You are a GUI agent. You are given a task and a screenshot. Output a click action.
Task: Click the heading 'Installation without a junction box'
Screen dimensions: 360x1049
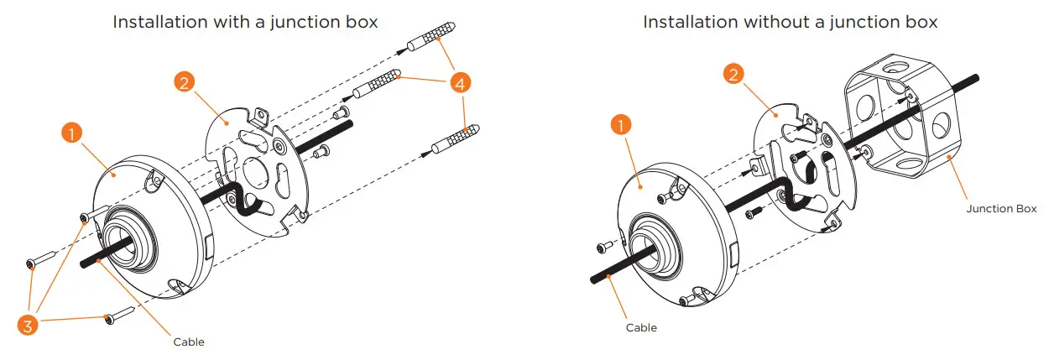(x=790, y=23)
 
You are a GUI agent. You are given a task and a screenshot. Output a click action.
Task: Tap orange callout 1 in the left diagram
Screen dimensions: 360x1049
(x=73, y=133)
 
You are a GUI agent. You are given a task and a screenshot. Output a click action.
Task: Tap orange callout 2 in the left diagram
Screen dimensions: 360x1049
(x=185, y=82)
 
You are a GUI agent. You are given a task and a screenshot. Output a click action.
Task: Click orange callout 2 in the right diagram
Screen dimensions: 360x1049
(x=734, y=75)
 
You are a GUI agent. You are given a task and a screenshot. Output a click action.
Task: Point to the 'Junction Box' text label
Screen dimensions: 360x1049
(x=1001, y=208)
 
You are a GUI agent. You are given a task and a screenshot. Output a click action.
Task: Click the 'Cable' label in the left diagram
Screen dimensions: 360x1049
(x=189, y=342)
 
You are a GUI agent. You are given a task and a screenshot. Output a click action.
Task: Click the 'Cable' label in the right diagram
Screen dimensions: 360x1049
(x=641, y=327)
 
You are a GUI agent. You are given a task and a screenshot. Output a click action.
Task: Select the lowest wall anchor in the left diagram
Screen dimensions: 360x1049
(x=453, y=140)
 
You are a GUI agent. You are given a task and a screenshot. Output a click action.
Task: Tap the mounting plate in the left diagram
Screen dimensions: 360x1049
(x=252, y=168)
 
